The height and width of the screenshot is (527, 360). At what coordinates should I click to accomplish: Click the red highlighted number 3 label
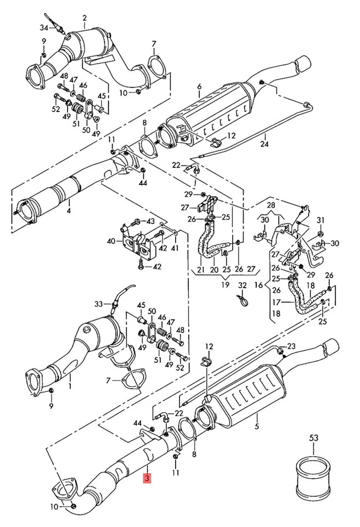coord(148,478)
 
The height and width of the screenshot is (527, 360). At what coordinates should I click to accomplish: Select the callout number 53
coord(313,438)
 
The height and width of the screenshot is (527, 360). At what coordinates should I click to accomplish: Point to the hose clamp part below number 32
coord(243,300)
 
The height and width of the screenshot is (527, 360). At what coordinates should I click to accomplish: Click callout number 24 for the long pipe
coord(265,144)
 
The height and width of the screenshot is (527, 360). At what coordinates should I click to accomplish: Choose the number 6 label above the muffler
coord(200,87)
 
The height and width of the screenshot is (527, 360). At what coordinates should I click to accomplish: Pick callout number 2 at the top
coord(85,18)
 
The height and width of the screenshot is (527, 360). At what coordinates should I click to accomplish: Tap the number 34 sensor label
coord(44,27)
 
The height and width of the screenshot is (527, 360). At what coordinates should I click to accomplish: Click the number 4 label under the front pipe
coord(69,212)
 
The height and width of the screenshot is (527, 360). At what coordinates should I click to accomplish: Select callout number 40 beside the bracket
coord(111,240)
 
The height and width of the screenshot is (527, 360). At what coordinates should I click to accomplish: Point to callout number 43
coord(150,221)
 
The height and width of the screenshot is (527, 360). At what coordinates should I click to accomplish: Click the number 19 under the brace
coord(225,285)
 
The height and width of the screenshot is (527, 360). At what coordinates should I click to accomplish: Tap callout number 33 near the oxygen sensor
coord(98,304)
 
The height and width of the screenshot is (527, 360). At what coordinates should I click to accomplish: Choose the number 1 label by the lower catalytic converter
coord(70,386)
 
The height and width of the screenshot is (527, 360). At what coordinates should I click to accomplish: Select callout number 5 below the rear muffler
coord(257,427)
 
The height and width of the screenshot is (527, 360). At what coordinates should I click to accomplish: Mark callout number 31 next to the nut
coord(321,220)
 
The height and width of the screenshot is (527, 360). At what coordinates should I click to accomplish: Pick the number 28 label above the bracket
coord(271,205)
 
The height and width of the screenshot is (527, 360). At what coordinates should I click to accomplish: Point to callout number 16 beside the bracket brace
coord(258,285)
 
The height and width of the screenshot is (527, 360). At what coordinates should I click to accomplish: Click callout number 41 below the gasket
coord(175,248)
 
